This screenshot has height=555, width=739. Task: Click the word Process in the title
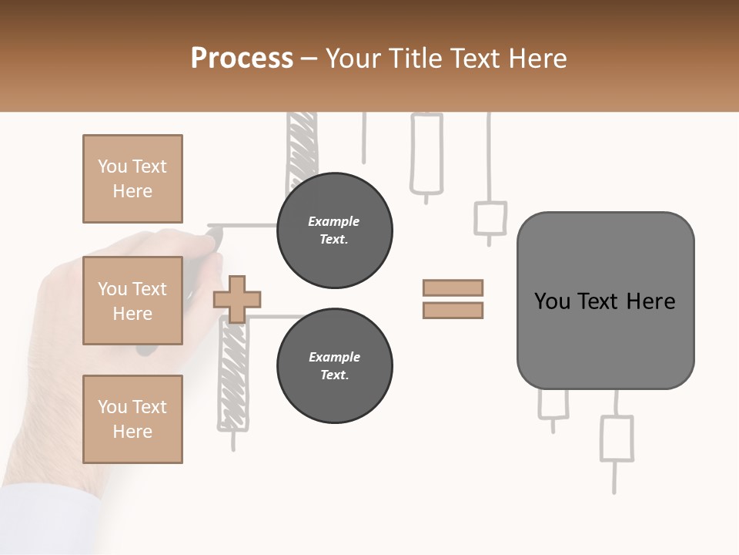pos(242,59)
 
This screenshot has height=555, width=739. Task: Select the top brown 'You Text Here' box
pos(132,179)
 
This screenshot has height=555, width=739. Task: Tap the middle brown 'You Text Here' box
pos(132,301)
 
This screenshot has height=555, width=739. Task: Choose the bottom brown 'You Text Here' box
pos(132,419)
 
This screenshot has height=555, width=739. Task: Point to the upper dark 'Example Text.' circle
pos(334,230)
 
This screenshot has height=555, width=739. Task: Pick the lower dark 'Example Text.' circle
pos(334,366)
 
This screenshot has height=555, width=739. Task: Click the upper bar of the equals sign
pos(453,288)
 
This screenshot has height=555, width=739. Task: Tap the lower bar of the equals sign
pos(453,310)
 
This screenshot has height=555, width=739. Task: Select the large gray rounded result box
pos(605,301)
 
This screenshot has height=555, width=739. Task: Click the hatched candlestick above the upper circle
pos(301,146)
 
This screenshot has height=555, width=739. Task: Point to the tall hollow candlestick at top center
pos(426,153)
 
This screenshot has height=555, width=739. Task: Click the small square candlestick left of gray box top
pos(490,218)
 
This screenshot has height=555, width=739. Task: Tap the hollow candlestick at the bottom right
pos(616,439)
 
